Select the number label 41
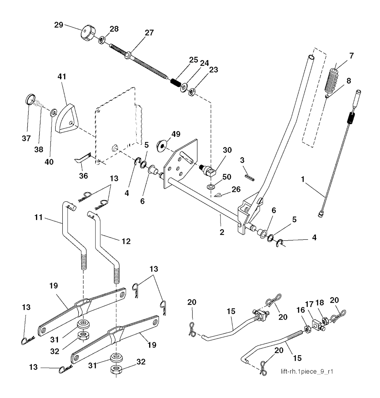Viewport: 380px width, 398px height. [62, 77]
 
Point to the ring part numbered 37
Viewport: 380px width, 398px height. [30, 99]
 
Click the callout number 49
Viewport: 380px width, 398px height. [176, 134]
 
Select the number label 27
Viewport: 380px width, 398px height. [149, 33]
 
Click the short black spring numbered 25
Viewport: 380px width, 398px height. [176, 82]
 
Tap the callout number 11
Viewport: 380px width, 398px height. [38, 217]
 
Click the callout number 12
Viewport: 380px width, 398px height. [126, 241]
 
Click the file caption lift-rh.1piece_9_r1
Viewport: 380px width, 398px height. [307, 372]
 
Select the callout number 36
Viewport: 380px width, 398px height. [83, 176]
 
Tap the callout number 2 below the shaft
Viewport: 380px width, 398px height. [222, 232]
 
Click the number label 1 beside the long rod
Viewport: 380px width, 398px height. [302, 179]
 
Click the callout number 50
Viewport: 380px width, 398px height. [227, 177]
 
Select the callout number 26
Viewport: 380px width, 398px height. [236, 190]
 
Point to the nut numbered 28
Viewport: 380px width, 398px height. [102, 40]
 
